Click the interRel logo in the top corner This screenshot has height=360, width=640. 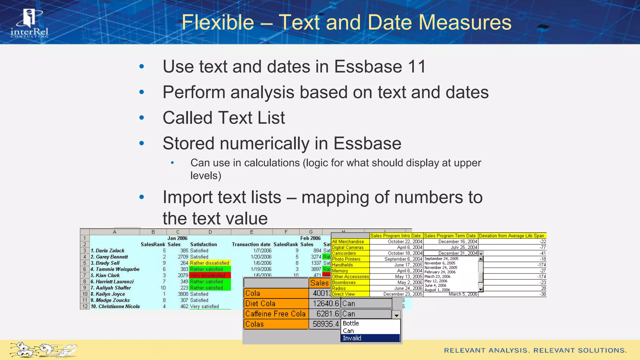tap(29, 23)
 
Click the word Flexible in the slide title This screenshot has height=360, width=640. tap(217, 22)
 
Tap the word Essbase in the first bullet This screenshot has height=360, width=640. tap(368, 67)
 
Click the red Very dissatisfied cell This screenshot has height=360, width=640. tap(210, 275)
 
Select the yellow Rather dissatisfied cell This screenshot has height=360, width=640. tap(210, 263)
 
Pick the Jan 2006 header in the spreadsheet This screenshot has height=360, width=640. tap(177, 238)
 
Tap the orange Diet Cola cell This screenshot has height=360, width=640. tap(276, 303)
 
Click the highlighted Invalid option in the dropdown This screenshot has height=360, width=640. tap(370, 338)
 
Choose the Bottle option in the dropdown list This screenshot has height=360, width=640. tap(351, 323)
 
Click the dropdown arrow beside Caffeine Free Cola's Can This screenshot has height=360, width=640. tap(396, 315)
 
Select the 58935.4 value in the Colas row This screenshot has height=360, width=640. tap(325, 324)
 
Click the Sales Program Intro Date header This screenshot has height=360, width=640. tap(395, 236)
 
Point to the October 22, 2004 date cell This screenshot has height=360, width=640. tap(405, 242)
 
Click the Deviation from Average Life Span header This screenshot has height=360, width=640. tap(512, 236)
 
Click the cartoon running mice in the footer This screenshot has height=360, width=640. tap(43, 350)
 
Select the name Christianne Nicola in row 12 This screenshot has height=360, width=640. tap(119, 307)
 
